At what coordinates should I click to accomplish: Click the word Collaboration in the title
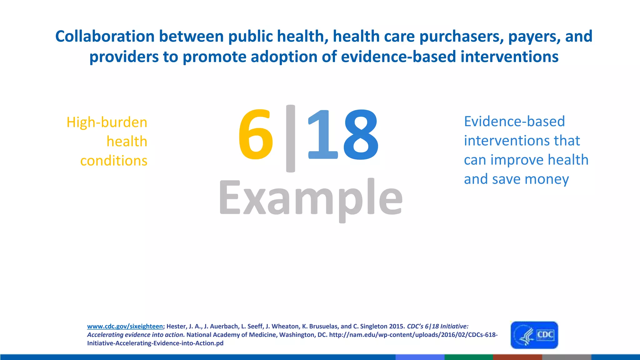click(x=105, y=36)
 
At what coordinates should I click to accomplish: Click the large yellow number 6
click(x=256, y=134)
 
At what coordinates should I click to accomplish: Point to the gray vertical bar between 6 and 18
click(x=290, y=138)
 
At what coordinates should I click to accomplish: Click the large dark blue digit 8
click(x=361, y=134)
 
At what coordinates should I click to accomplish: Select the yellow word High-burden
click(x=107, y=122)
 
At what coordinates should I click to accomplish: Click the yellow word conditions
click(x=114, y=161)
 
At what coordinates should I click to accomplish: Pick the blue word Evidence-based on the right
click(x=514, y=121)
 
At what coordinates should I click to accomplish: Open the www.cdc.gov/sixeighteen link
click(x=125, y=326)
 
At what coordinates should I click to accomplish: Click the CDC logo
click(x=534, y=335)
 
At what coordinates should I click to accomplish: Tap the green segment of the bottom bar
click(x=468, y=357)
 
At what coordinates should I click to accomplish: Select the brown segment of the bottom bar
click(x=517, y=357)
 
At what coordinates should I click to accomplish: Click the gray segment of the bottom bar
click(x=566, y=357)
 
